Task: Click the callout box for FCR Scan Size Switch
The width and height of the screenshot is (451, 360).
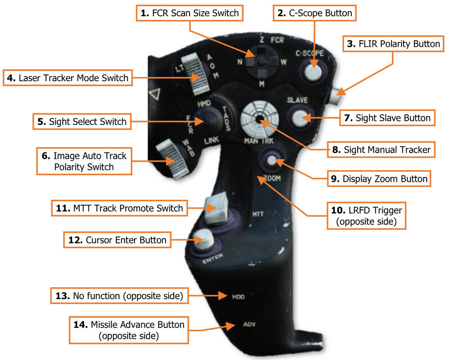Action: point(189,13)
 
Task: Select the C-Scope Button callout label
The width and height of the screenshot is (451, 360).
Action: point(315,13)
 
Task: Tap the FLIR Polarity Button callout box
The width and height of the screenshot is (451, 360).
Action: point(393,44)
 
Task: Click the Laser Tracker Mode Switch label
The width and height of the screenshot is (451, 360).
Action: point(68,78)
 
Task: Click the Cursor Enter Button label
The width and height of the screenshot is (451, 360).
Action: point(117,240)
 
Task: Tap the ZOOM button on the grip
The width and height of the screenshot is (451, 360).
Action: point(272,160)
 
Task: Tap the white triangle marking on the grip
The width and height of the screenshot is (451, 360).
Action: point(156,95)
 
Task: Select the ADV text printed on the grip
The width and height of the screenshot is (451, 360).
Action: point(249,324)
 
